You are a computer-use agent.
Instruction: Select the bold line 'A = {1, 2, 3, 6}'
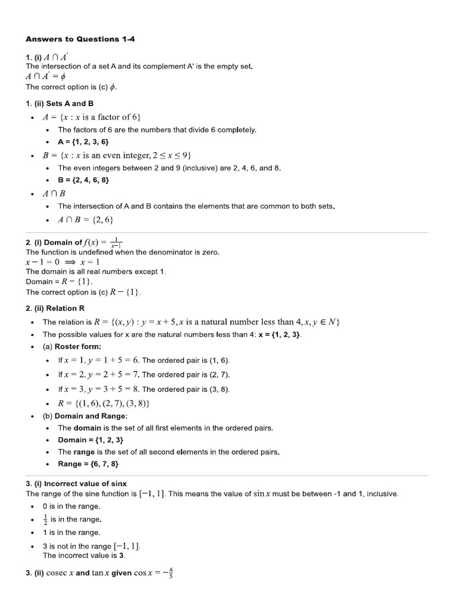(83, 142)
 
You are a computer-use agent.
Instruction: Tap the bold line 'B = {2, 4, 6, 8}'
(83, 180)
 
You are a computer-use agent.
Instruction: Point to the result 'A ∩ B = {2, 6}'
(85, 220)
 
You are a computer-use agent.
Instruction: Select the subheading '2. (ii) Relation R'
(55, 308)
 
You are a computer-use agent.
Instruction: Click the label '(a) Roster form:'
(72, 346)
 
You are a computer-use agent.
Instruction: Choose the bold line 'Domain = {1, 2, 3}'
(90, 440)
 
